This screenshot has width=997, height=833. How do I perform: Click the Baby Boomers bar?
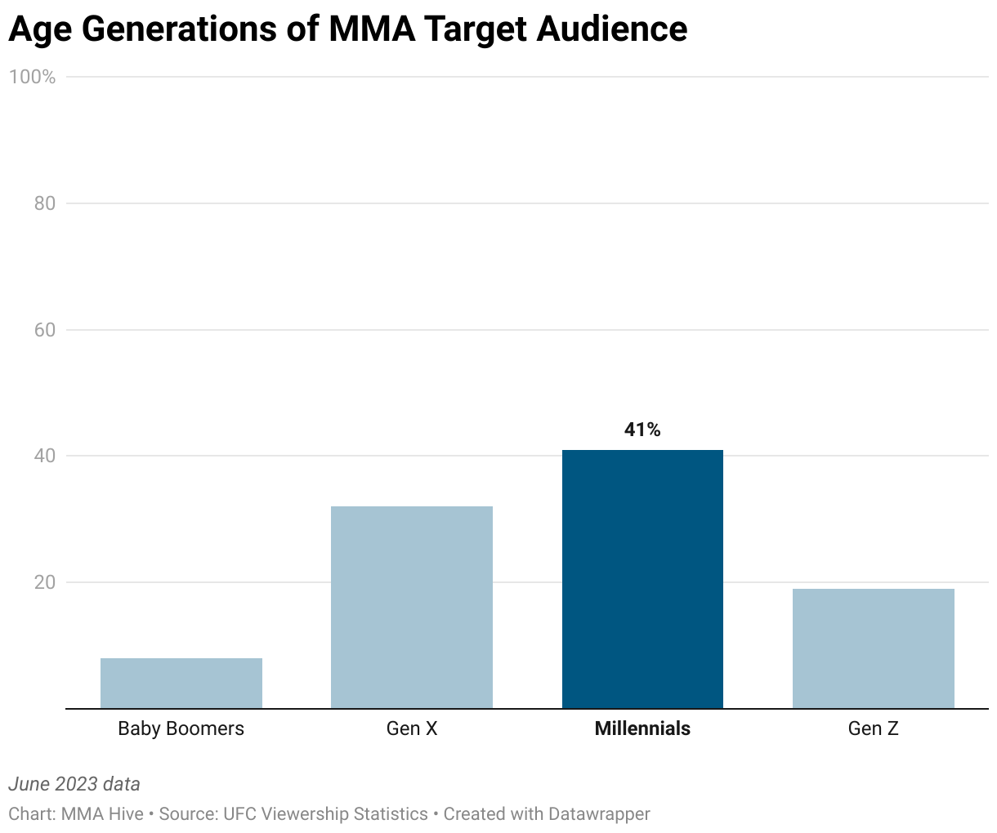181,684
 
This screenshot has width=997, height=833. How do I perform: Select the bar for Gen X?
412,608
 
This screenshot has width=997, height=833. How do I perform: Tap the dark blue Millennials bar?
642,579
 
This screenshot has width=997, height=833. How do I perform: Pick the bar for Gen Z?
873,648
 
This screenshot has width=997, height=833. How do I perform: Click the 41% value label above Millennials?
642,430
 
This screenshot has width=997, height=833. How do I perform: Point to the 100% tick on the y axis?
33,77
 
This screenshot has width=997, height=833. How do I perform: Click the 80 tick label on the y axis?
45,203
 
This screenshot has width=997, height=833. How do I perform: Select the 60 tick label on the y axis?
45,330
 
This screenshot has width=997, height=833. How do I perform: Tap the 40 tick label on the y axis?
45,456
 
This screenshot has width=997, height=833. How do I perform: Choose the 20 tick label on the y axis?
45,582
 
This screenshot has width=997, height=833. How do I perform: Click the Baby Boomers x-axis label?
181,728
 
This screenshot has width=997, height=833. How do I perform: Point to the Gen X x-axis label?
412,728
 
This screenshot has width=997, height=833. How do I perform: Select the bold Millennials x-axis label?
642,728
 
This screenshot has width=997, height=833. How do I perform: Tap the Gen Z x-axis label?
873,728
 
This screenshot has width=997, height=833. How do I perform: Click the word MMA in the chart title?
367,29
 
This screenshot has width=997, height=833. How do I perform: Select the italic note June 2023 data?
74,784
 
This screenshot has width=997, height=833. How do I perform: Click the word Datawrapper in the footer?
599,814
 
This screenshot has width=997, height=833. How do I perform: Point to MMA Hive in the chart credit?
102,814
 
